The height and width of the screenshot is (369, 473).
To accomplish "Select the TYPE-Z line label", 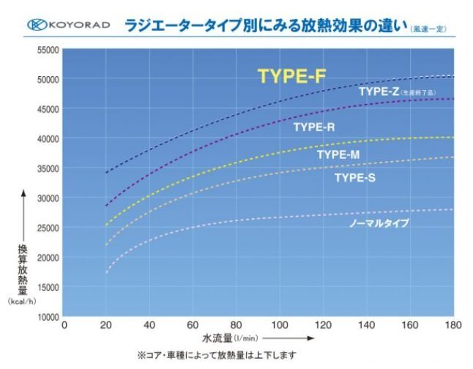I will pos(379,92).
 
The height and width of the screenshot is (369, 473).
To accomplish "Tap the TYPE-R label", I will pos(314,127).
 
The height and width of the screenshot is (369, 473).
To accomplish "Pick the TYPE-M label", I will pos(338,154).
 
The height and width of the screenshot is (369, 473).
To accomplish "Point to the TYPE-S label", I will pos(355,177).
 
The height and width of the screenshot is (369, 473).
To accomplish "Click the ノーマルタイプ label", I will pos(379,223).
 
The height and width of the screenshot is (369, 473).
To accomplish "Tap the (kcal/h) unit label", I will pos(23,301).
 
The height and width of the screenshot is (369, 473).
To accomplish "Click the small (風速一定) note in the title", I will pos(429,29).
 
